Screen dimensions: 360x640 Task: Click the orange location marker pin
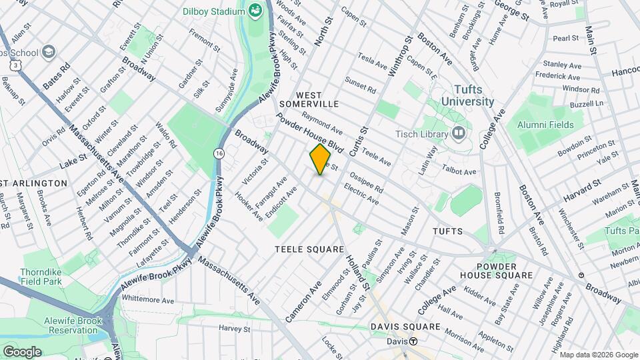coord(320,159)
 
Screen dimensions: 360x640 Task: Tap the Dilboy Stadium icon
coord(255,11)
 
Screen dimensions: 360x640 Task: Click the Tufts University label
coord(464,95)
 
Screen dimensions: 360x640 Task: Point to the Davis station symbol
coord(413,341)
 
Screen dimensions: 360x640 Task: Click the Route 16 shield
coord(219,153)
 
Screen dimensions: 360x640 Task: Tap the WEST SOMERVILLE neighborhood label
coord(309,99)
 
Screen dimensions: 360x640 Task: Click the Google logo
coord(22,351)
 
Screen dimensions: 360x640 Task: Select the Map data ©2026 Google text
coord(598,354)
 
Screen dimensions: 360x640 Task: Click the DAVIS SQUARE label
coord(406,327)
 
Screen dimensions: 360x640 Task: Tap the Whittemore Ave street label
coord(147,301)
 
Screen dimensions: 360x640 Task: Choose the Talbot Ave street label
coord(460,171)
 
